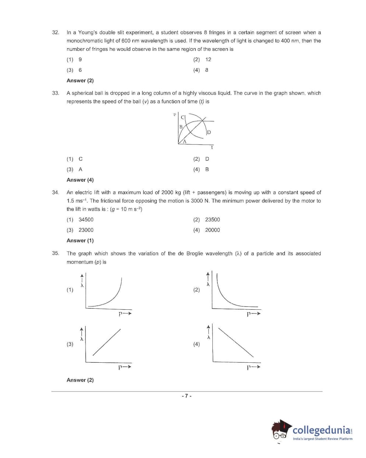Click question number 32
pos(56,32)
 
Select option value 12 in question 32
pos(208,60)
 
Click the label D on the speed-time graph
pos(209,132)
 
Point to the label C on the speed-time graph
pos(182,117)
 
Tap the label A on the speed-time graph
pos(185,142)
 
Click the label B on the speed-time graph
pos(181,127)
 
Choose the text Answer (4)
pos(80,180)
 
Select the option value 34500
pos(86,220)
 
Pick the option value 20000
pos(212,230)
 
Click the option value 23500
pos(212,220)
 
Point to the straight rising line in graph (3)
pos(107,342)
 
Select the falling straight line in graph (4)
pos(236,342)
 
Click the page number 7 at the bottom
pos(187,396)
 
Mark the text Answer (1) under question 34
pos(80,241)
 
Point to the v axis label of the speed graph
pos(174,115)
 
